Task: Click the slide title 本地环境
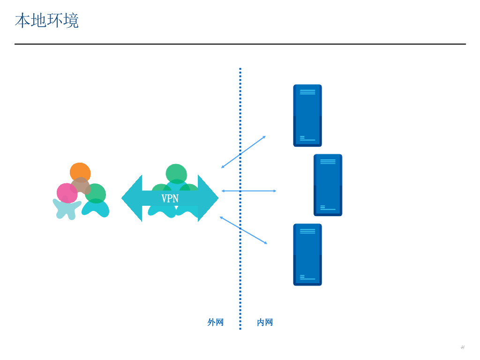coord(46,21)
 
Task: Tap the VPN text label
coord(170,198)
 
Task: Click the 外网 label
coord(215,322)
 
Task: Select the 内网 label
coord(265,322)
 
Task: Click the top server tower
coord(307,115)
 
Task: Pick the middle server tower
coord(328,185)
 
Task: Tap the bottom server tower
coord(307,255)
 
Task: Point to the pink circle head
coord(66,193)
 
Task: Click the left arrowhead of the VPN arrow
coord(131,198)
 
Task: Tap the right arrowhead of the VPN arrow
coord(209,198)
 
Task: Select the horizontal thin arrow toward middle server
coord(248,191)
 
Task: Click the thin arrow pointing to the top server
coord(243,152)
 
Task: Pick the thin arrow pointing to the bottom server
coord(243,230)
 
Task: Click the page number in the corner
coord(462,347)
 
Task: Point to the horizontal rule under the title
coord(240,44)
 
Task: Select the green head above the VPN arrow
coord(176,173)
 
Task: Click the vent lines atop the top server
coord(307,92)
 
